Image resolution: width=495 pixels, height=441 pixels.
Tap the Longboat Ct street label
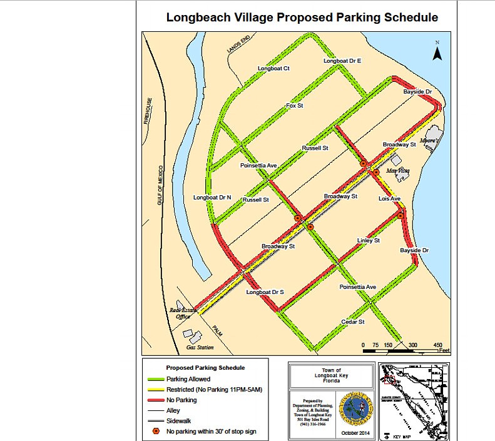point(273,68)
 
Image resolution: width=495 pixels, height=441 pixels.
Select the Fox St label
point(295,106)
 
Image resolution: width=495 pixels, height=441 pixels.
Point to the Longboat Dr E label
point(342,61)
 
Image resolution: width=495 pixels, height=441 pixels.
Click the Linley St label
point(369,240)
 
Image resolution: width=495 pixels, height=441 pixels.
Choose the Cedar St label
point(353,322)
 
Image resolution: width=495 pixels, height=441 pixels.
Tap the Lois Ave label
point(389,198)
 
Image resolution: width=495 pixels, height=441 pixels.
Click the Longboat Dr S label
point(265,292)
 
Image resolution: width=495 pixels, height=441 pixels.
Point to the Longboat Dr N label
point(212,198)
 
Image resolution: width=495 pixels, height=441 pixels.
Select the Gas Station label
point(200,347)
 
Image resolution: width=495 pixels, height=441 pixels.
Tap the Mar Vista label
point(399,170)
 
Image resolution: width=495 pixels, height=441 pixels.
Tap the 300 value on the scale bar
point(413,345)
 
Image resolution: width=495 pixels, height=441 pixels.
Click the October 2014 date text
point(355,433)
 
